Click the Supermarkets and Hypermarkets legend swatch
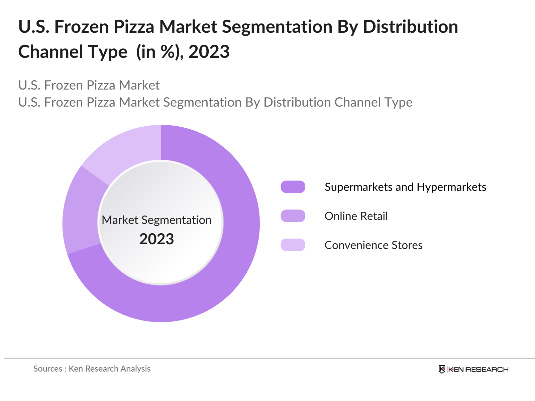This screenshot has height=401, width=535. tap(293, 187)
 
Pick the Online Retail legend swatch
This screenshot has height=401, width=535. tap(293, 216)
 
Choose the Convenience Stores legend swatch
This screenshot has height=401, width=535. tap(293, 245)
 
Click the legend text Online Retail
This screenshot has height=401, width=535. tap(356, 216)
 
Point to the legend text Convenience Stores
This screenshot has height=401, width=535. tap(373, 245)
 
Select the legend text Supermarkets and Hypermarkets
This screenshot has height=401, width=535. tap(405, 187)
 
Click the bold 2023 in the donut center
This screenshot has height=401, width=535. tap(156, 239)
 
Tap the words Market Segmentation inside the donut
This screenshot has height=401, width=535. tap(156, 220)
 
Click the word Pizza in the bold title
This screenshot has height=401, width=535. tap(134, 27)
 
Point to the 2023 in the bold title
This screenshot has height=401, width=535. tap(209, 52)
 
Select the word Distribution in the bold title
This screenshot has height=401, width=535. tap(410, 27)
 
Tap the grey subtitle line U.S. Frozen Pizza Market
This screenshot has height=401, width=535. tap(89, 86)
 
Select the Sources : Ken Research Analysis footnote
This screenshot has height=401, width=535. tap(92, 369)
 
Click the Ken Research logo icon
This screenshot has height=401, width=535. tap(442, 369)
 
